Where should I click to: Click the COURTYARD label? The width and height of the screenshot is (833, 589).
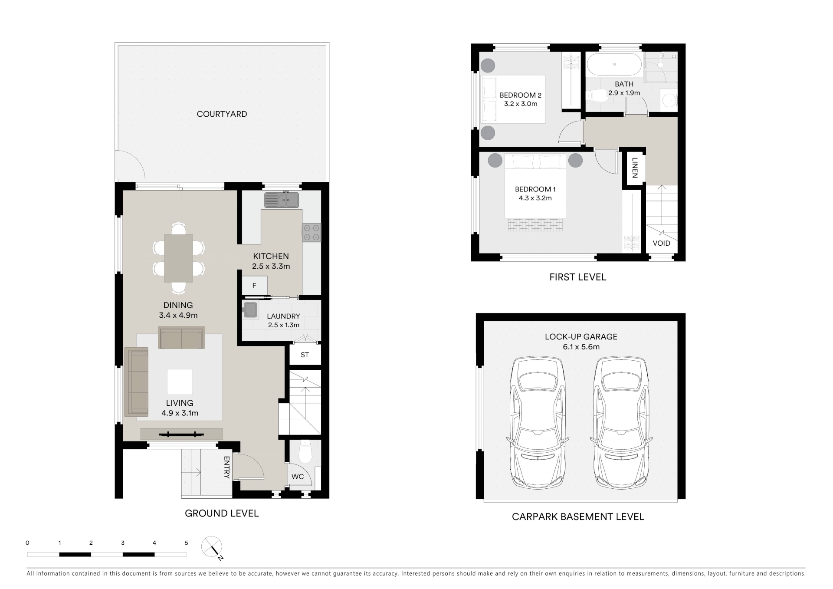[222, 114]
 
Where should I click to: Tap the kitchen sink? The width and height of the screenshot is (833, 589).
[282, 200]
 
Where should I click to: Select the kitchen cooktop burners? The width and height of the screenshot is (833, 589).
[312, 232]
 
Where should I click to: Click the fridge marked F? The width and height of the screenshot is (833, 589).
[254, 286]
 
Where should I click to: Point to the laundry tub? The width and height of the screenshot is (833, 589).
[250, 310]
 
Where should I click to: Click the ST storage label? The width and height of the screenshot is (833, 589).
[305, 355]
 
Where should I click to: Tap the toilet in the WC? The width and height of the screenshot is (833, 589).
[305, 452]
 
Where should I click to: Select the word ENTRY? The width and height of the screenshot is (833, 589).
[226, 467]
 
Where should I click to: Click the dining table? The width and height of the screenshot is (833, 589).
[178, 258]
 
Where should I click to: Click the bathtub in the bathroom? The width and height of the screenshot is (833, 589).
[614, 64]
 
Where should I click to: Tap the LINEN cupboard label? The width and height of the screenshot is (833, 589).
[635, 168]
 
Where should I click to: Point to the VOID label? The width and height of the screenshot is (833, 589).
[662, 243]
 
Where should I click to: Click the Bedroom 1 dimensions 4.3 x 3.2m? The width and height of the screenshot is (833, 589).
[535, 198]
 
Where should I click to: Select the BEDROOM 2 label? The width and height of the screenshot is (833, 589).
[521, 95]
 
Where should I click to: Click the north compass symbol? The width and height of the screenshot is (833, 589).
[213, 548]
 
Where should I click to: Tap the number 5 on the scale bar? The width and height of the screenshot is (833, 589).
[187, 543]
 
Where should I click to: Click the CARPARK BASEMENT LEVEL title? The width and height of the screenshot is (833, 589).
[578, 517]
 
